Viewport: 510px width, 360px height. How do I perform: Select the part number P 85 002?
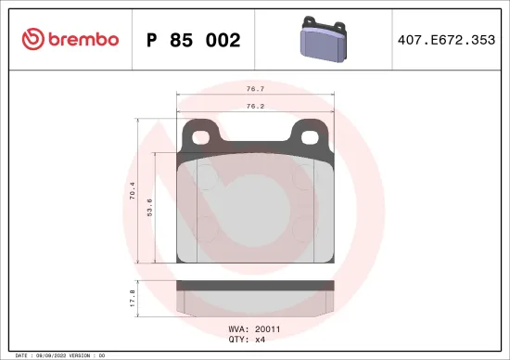coord(193,40)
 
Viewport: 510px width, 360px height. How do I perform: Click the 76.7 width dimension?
coord(252,90)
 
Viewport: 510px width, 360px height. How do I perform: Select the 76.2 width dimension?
coord(252,106)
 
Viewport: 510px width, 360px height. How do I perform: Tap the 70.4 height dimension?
coord(133,191)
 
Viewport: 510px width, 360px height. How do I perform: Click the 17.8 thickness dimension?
coord(133,299)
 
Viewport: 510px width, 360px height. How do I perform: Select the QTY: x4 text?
coord(248,340)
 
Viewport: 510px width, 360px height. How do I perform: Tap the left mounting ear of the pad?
coord(198,135)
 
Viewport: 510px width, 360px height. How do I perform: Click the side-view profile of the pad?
coord(254,298)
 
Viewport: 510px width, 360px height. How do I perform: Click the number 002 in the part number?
coord(223,40)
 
